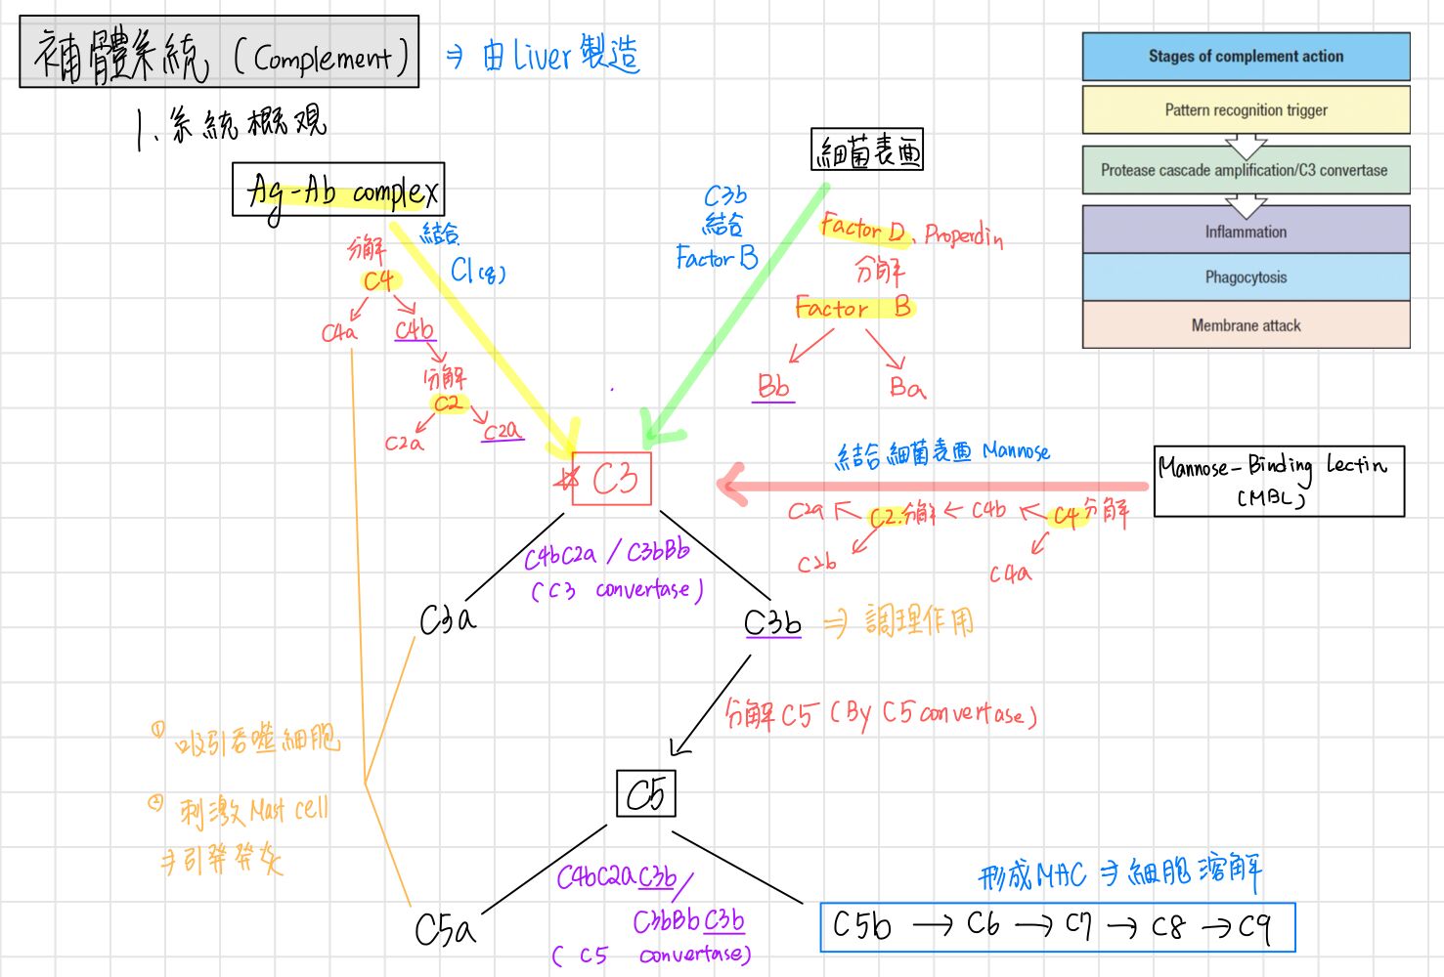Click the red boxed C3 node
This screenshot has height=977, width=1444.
611,479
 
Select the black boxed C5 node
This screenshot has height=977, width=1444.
645,794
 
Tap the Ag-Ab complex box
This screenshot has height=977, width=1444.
338,190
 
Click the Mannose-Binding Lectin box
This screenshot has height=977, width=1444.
1279,481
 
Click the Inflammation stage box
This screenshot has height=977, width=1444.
1246,232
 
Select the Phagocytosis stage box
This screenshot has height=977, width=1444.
1246,277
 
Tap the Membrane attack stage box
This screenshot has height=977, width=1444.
1246,325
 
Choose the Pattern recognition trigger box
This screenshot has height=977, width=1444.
1246,110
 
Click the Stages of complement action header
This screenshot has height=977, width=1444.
1246,57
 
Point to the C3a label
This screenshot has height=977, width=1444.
447,619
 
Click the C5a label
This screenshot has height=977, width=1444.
445,929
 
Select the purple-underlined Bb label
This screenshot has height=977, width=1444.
773,387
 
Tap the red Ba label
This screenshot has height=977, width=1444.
906,388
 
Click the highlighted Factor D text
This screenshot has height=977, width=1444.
862,230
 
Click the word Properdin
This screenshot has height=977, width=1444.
963,235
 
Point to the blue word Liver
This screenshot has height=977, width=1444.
542,56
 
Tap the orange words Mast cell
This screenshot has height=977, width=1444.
289,810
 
